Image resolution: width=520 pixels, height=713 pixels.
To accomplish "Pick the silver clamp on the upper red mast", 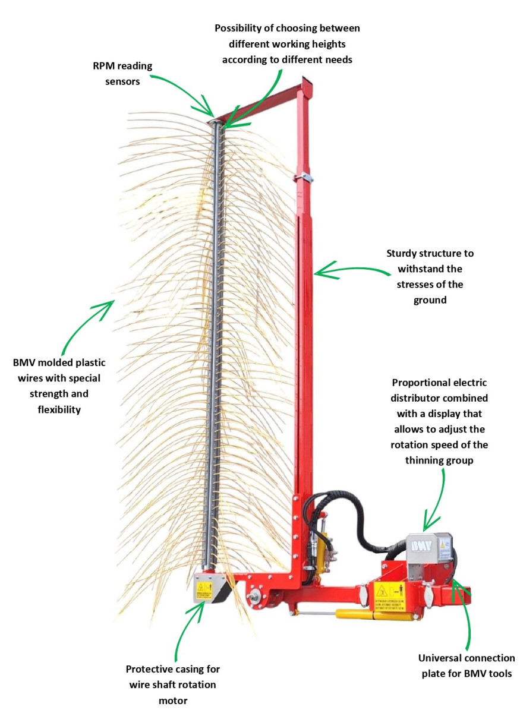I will [x=306, y=177].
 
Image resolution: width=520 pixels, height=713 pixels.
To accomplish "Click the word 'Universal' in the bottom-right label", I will [x=440, y=658].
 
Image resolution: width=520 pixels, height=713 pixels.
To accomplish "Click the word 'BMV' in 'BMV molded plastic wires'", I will [x=24, y=362].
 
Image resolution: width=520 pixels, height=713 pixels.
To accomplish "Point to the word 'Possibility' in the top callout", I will [x=240, y=29].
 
